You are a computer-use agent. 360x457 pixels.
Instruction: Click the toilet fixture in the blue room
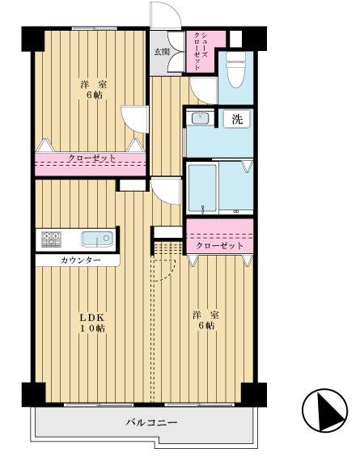236,69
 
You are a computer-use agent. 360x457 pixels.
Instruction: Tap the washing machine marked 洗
237,119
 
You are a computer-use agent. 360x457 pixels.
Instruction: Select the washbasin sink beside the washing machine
200,118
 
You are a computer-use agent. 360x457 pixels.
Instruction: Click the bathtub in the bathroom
202,188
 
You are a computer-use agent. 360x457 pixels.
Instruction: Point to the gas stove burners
51,239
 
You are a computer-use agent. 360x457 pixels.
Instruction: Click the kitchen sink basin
97,239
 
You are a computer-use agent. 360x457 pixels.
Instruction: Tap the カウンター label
81,260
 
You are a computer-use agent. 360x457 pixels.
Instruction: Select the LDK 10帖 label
92,323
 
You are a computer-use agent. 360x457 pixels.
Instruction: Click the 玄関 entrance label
162,52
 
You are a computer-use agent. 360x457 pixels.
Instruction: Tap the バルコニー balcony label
151,422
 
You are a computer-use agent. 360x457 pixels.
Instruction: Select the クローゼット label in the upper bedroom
92,159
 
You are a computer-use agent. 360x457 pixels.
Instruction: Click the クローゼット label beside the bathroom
220,246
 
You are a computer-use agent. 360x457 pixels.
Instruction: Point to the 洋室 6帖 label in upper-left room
94,90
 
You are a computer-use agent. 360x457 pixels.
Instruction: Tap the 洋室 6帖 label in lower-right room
205,320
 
